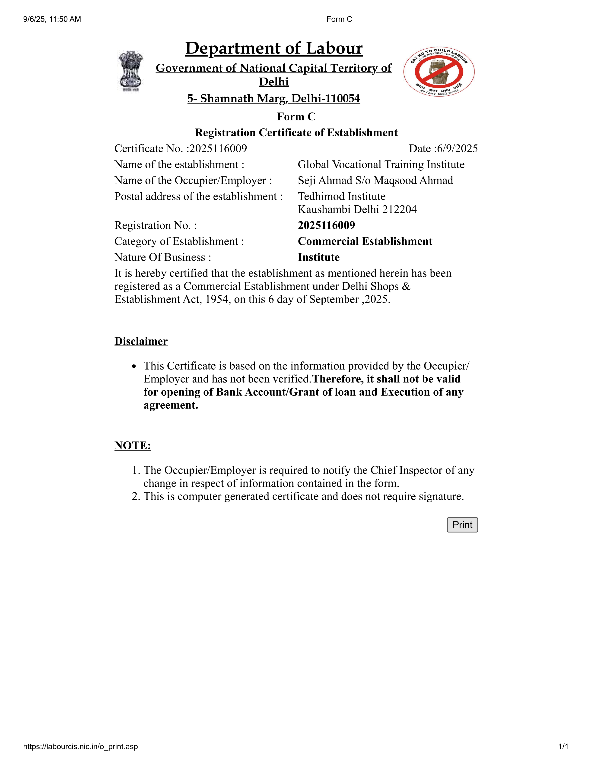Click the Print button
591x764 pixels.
coord(462,525)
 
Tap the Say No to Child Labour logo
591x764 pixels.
coord(439,71)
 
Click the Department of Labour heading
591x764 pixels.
coord(274,48)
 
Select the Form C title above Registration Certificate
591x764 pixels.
coord(296,116)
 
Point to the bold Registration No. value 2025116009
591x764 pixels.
coord(326,225)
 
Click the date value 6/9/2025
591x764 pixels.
coord(457,149)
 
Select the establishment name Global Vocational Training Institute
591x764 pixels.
coord(381,164)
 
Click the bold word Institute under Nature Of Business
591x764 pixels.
coord(319,257)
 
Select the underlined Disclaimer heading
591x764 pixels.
coord(141,341)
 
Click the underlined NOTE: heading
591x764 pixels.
coord(133,445)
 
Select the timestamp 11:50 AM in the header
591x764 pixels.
coord(65,19)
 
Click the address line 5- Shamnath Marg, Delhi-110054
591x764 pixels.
coord(274,99)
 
